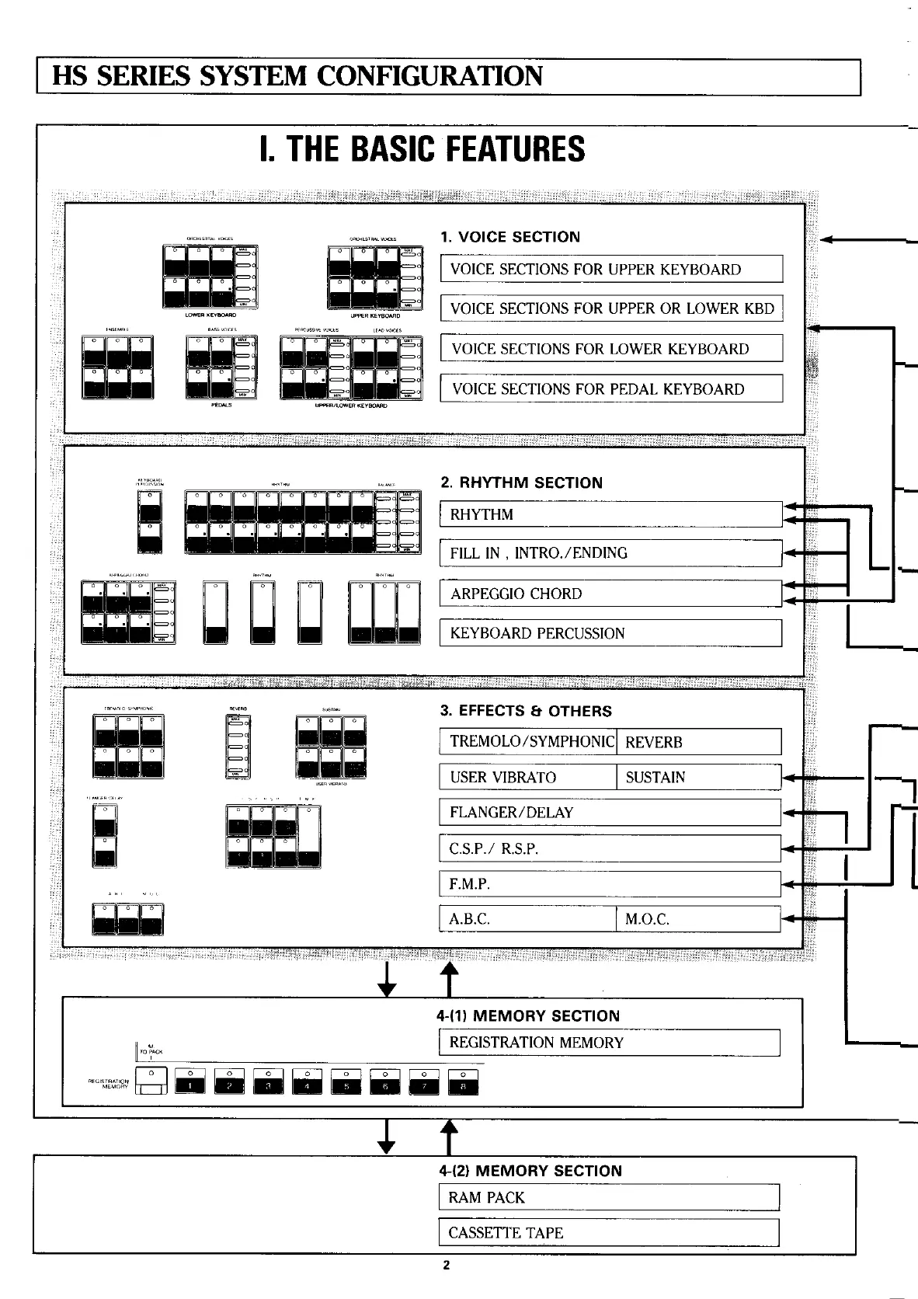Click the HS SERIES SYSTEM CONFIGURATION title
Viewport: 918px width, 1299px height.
[x=297, y=77]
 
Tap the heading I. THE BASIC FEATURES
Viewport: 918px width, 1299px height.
[x=423, y=149]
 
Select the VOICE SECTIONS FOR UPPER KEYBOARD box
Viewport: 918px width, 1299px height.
[x=611, y=269]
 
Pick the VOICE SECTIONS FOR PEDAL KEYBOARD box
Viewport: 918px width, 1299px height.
[x=611, y=388]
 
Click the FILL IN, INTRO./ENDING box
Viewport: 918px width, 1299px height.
[x=610, y=553]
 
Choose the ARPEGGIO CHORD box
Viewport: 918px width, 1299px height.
[x=610, y=594]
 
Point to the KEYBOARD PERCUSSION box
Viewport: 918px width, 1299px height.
[x=610, y=633]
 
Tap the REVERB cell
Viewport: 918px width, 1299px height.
[x=698, y=742]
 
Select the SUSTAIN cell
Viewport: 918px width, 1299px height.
[x=698, y=777]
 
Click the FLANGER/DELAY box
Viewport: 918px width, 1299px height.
[x=610, y=813]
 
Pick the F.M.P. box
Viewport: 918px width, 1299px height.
[x=610, y=884]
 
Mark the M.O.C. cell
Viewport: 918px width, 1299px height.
[x=698, y=919]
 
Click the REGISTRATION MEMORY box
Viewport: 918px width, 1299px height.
[x=610, y=1043]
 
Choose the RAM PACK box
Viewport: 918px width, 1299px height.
[x=609, y=1197]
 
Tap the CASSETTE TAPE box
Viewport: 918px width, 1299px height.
[x=609, y=1233]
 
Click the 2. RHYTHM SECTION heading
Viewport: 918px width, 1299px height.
[x=521, y=482]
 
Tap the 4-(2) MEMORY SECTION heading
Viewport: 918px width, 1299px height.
[x=530, y=1171]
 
